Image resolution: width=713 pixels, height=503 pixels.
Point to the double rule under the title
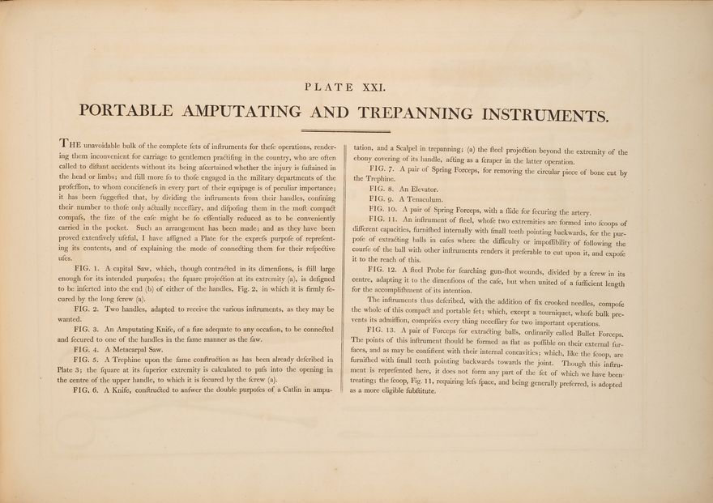point(346,130)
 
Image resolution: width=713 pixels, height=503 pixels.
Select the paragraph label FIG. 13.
point(381,331)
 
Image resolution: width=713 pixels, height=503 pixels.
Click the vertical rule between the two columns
point(345,267)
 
